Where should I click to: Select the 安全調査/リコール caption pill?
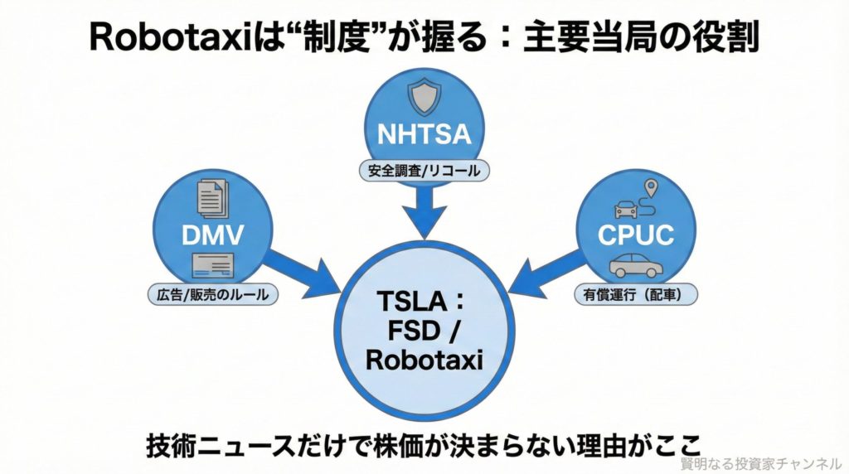(x=424, y=172)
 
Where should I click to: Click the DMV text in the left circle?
(x=214, y=235)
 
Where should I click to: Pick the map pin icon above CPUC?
(x=651, y=188)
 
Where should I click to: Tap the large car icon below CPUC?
(x=635, y=264)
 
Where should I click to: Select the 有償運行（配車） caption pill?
(x=637, y=294)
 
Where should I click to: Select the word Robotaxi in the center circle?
(x=424, y=361)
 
